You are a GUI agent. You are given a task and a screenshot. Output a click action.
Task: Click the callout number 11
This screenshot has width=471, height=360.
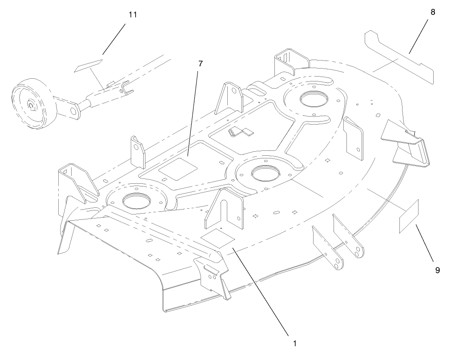point(132,15)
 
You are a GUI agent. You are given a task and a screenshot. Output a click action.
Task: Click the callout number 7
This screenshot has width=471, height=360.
point(201,64)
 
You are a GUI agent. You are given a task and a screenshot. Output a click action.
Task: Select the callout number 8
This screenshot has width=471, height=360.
point(432,12)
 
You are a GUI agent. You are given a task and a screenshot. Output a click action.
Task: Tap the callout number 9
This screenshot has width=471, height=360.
point(438,270)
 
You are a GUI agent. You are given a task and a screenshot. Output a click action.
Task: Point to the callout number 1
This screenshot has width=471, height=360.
point(294,343)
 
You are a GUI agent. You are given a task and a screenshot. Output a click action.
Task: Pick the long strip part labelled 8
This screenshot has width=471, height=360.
point(399,57)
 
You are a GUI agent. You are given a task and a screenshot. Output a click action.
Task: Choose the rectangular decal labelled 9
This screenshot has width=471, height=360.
point(409,216)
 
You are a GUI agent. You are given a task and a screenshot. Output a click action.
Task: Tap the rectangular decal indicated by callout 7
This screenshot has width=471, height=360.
point(177,168)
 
